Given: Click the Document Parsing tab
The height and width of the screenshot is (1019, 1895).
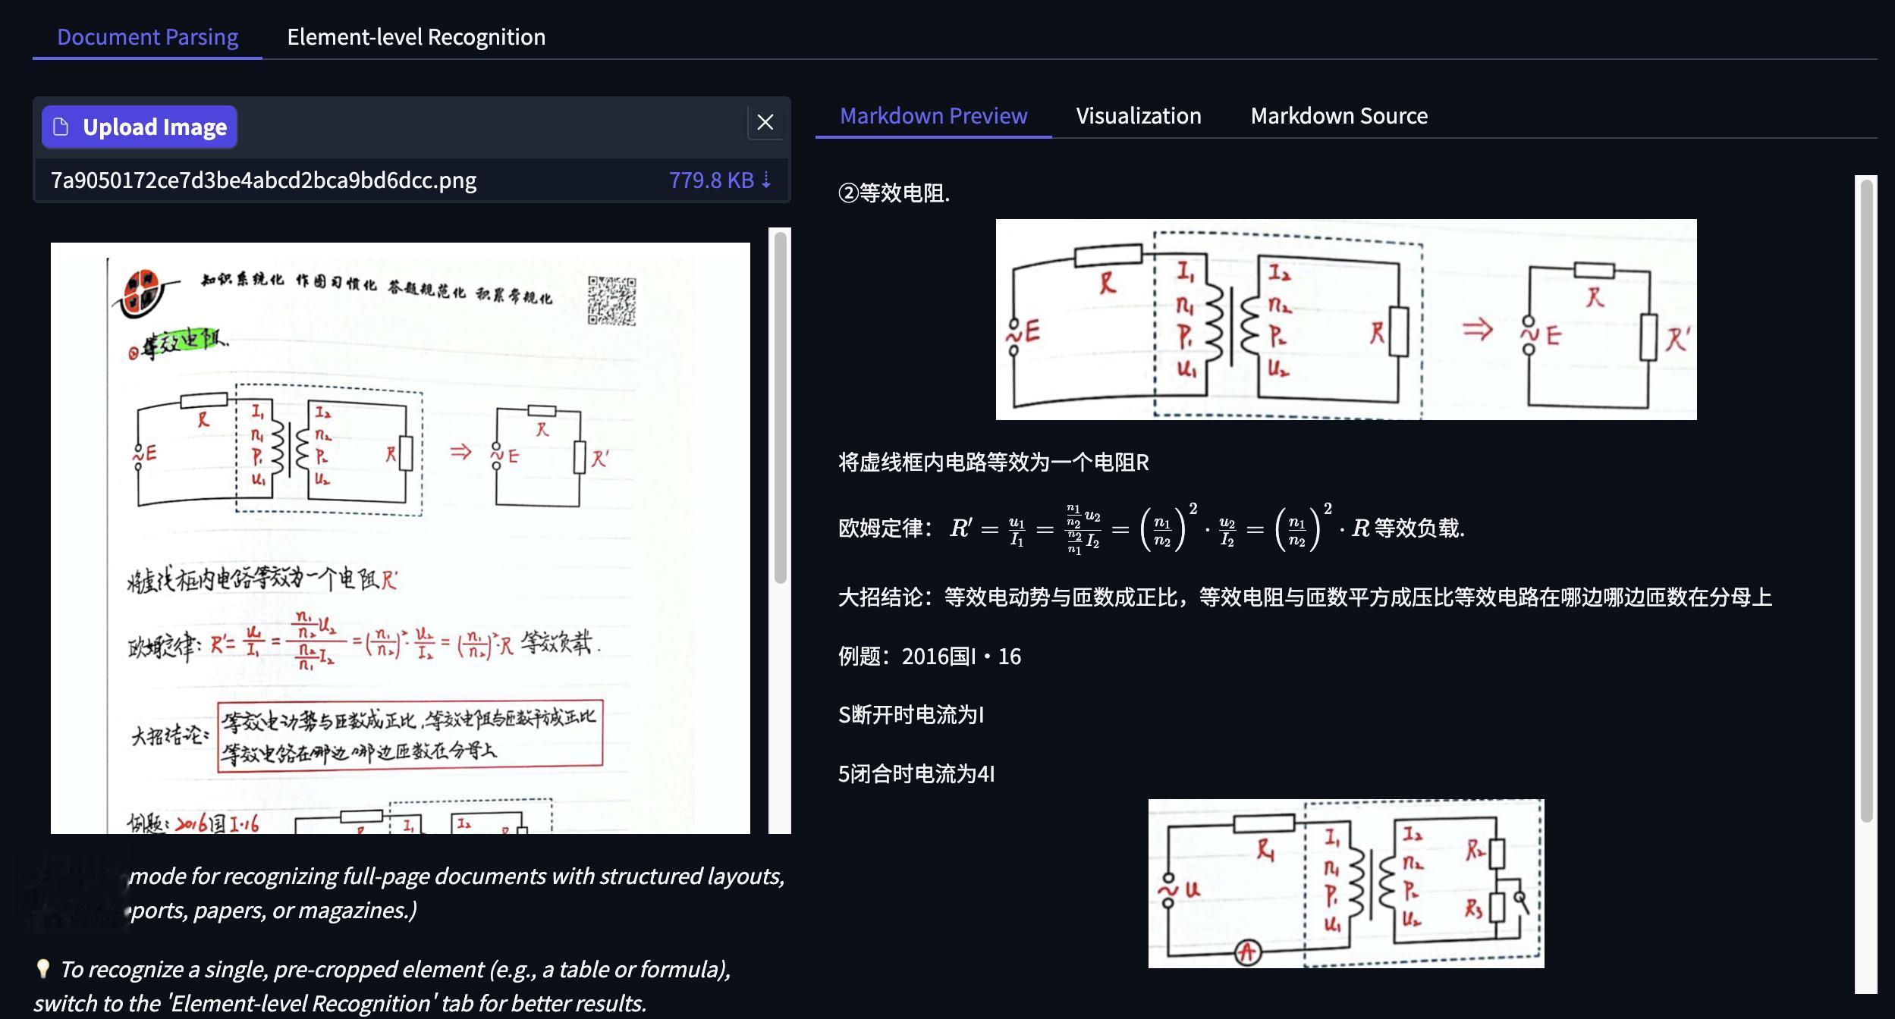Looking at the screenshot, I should pos(147,37).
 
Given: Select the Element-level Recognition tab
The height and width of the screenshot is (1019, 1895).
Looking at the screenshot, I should pos(416,37).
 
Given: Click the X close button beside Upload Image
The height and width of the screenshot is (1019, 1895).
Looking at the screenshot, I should pos(765,122).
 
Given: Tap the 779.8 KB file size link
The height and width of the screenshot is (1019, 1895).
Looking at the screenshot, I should pos(719,180).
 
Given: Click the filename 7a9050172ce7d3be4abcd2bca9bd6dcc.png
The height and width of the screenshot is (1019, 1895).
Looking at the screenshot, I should pos(263,180).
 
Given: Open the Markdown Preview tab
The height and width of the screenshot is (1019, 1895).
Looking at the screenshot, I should pos(933,116).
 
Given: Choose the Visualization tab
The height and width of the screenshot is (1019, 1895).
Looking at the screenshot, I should pos(1138,116).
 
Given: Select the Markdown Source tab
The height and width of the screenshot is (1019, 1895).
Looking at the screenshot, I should pos(1338,116).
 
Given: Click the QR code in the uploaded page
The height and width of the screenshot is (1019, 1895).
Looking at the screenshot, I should pos(611,300).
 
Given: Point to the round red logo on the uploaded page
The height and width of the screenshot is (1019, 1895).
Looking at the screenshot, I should pos(142,293).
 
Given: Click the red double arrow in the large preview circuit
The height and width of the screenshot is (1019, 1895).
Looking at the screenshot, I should pos(1477,330).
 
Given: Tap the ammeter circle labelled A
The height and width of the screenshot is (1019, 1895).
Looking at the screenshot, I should pos(1248,952).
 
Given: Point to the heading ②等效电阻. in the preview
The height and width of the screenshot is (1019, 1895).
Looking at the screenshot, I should pos(894,193).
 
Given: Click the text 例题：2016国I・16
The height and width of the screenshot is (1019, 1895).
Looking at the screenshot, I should pos(929,657).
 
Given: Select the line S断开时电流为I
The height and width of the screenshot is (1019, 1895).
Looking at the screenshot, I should pos(910,715).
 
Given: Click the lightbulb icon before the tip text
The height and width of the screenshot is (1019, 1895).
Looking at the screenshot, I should pos(43,968).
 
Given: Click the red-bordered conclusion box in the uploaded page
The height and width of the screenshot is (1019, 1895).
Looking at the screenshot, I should pos(410,736).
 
